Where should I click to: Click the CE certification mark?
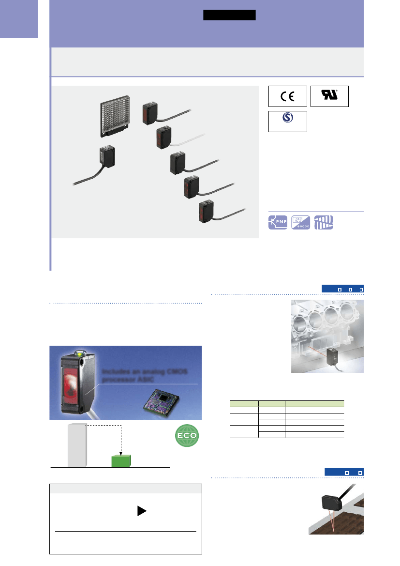[287, 96]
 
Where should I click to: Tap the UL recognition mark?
[329, 96]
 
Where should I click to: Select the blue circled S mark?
[287, 120]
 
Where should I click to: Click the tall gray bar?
[77, 444]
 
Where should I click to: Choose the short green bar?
[121, 461]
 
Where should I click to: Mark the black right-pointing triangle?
[141, 512]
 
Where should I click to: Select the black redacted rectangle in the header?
[229, 15]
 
